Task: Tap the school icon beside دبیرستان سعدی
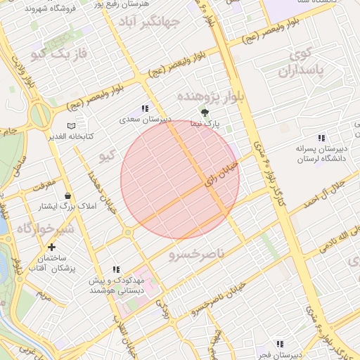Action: (145, 108)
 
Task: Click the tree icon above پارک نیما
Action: (205, 112)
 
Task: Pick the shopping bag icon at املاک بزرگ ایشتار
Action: (67, 195)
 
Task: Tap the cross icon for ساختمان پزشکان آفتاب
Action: (51, 247)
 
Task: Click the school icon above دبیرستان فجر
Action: (280, 344)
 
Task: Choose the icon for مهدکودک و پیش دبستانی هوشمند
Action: (117, 269)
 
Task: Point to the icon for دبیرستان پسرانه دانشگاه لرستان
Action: (321, 138)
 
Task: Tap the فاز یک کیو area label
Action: (65, 54)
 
